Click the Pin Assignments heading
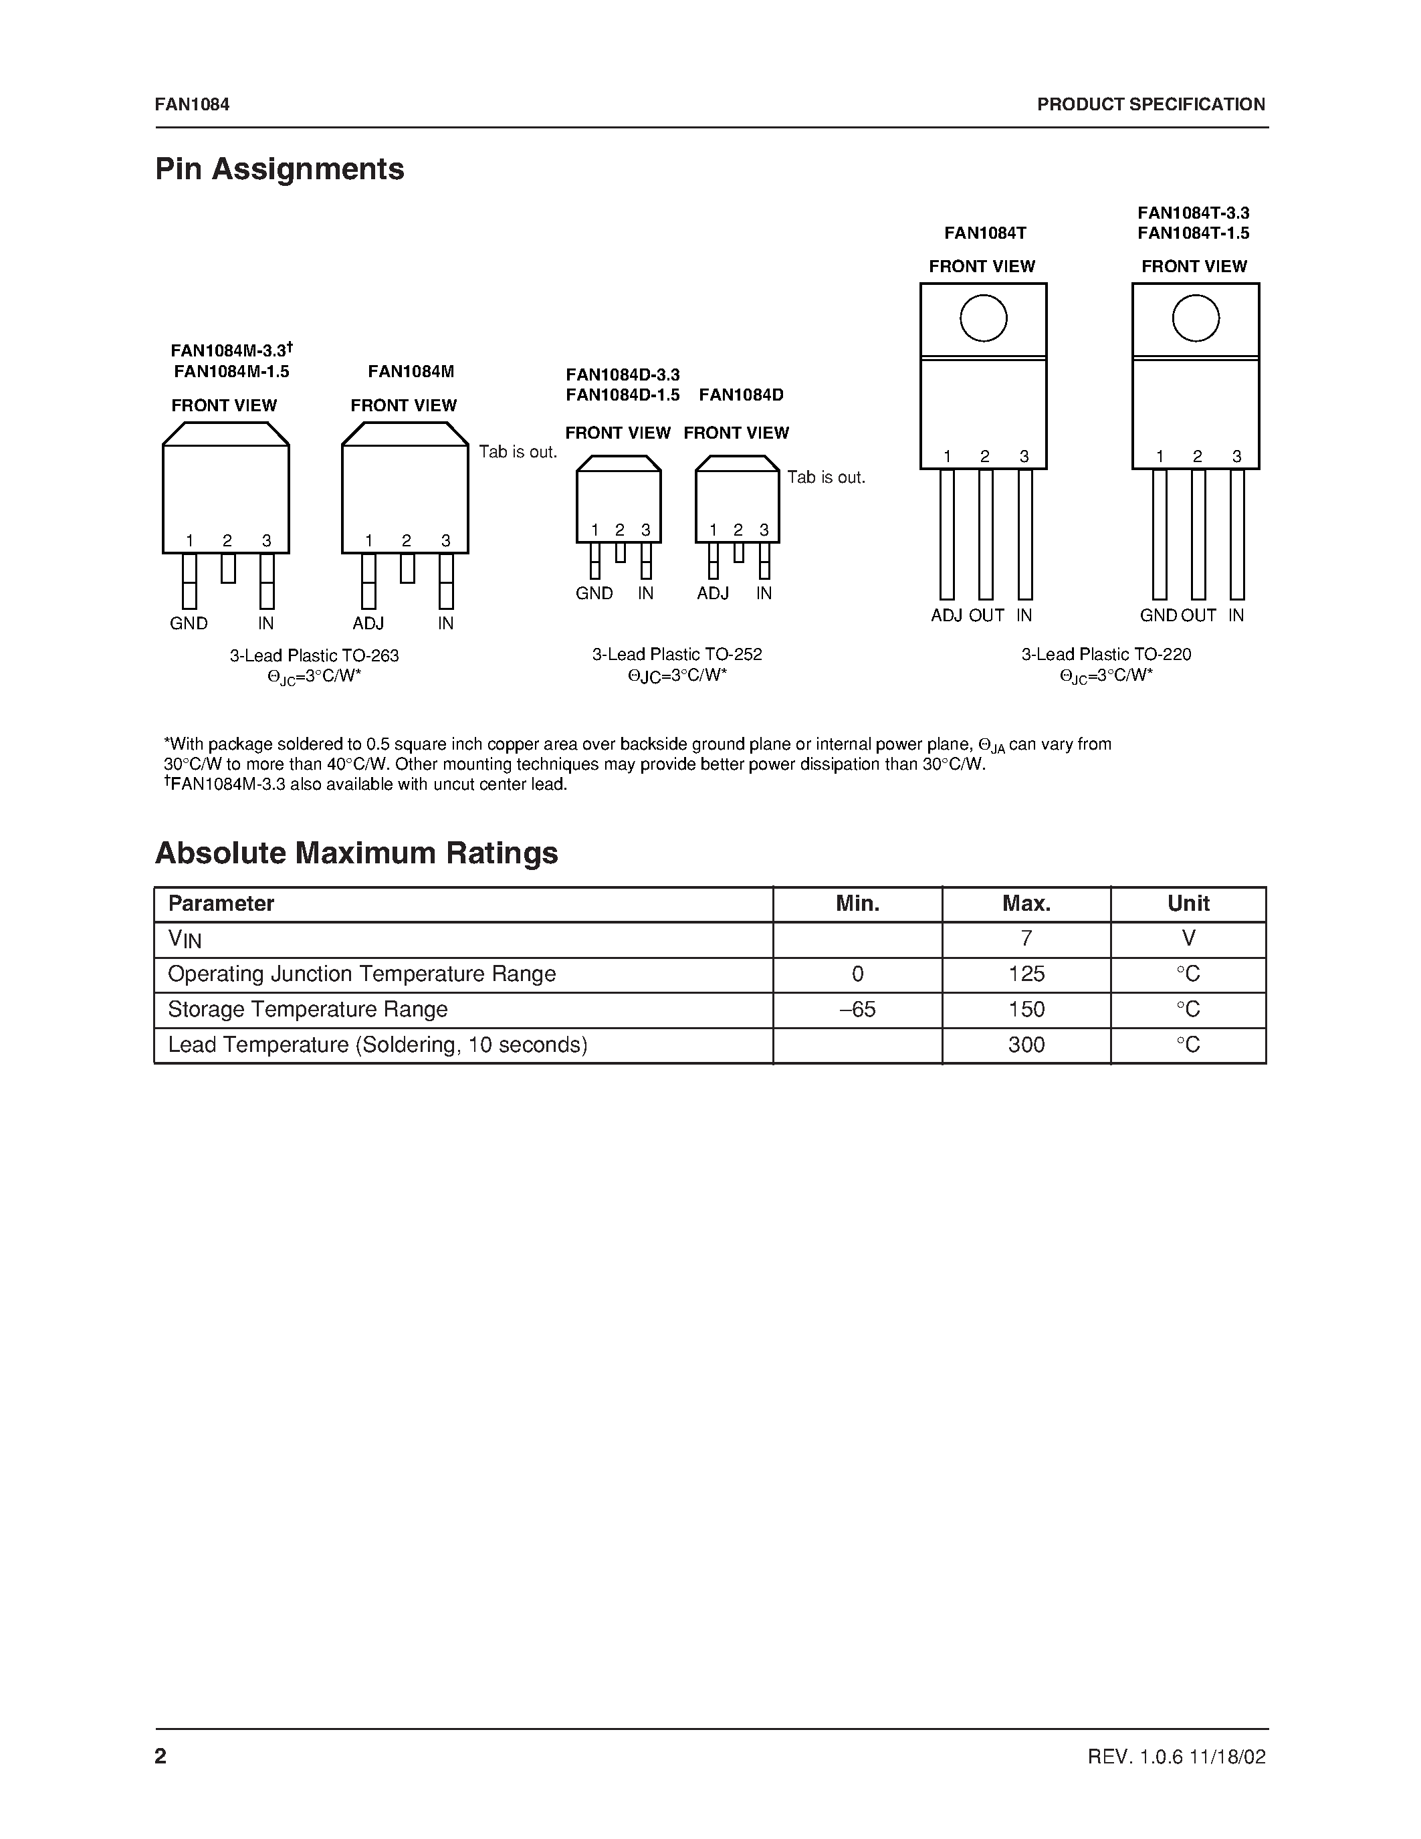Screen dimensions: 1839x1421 pos(280,169)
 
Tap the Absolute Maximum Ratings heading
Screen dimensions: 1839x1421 pos(356,853)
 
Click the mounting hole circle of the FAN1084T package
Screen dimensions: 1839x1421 pos(983,318)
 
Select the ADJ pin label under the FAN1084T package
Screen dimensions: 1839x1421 pos(946,615)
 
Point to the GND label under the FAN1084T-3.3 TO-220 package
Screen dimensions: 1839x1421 pos(1158,615)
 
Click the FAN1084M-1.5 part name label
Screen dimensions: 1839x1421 pos(231,371)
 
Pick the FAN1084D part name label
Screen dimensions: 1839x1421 pos(741,395)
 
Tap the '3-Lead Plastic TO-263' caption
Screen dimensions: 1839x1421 pos(314,655)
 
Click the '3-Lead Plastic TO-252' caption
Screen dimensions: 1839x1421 pos(677,654)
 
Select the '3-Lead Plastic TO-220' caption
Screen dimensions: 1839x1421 pos(1106,654)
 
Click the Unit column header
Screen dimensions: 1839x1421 pos(1188,903)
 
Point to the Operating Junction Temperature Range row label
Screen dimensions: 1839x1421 pos(362,974)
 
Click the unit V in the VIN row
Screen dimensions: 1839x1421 pos(1188,939)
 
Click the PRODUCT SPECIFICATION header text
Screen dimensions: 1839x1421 pos(1151,104)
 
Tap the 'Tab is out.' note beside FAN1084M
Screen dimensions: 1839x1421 pos(518,452)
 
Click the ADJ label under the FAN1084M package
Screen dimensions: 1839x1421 pos(368,624)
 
